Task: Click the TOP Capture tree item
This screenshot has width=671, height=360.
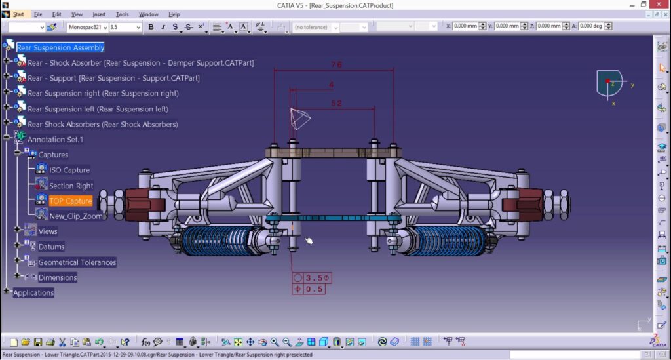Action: click(x=71, y=201)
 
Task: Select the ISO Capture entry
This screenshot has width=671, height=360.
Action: click(x=69, y=170)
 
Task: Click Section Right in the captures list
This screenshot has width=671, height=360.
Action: click(x=71, y=186)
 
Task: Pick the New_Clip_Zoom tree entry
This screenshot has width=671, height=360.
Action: click(x=76, y=216)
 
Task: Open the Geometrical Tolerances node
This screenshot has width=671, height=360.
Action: click(x=77, y=262)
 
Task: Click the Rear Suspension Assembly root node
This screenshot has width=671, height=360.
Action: click(x=60, y=47)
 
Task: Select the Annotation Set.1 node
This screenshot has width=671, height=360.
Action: click(x=55, y=140)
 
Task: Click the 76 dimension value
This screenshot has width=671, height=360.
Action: click(x=336, y=65)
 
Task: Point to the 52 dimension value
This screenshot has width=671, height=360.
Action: click(x=336, y=103)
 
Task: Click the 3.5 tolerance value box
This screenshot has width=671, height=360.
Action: click(x=317, y=278)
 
